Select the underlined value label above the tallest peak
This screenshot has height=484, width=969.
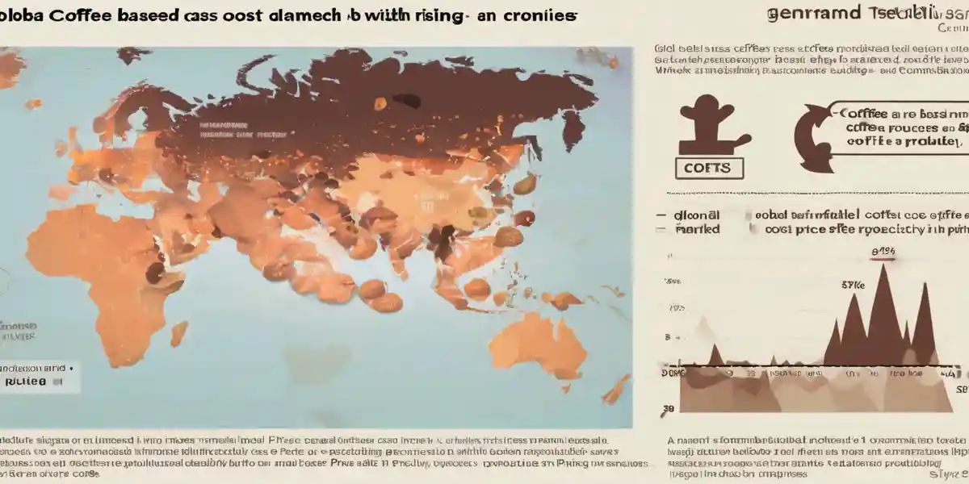(884, 252)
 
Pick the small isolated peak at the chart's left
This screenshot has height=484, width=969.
(715, 355)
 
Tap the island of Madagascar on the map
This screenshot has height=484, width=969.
(178, 332)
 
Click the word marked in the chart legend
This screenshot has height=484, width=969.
(698, 229)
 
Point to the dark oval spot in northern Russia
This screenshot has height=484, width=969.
(405, 100)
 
